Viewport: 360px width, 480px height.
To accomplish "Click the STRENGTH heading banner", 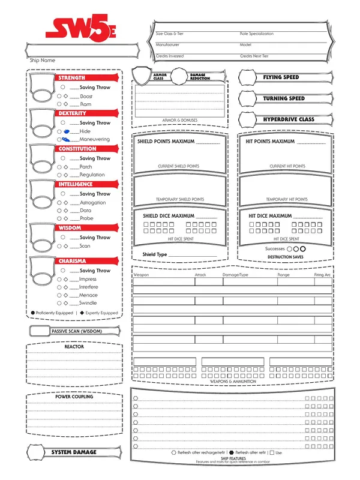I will (72, 78).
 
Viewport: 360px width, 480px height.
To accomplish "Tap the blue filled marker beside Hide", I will (67, 131).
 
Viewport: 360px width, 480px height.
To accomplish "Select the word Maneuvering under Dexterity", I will (95, 139).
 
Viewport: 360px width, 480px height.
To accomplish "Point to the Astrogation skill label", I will (93, 203).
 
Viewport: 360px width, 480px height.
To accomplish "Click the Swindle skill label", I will (88, 304).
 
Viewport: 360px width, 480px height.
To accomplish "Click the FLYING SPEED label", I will (281, 78).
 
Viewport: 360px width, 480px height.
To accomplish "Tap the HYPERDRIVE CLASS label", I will (289, 120).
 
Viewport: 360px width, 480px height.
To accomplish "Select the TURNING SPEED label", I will (284, 99).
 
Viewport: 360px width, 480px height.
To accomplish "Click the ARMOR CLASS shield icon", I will (143, 76).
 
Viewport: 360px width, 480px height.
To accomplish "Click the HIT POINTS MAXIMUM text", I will (271, 142).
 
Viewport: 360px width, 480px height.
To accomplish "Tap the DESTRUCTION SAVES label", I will (285, 257).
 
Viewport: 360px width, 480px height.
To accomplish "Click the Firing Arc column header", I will (322, 274).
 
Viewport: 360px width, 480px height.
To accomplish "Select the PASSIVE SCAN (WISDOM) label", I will (77, 331).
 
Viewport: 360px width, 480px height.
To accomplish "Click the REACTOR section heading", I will (74, 347).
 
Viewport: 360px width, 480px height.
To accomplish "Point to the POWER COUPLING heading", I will (74, 397).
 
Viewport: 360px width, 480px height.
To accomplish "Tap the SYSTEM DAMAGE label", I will (73, 452).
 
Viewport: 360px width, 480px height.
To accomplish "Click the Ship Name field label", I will (43, 61).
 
